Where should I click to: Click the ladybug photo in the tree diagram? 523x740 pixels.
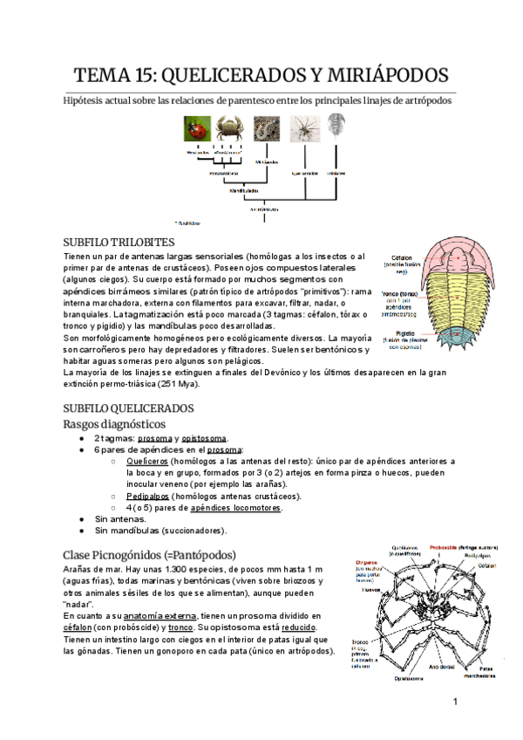point(197,129)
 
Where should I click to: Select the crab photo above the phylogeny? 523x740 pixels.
point(229,129)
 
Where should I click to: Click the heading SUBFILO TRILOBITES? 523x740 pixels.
point(119,241)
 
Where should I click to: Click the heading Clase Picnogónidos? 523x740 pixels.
point(148,554)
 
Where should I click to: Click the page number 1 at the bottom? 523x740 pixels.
point(455,702)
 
